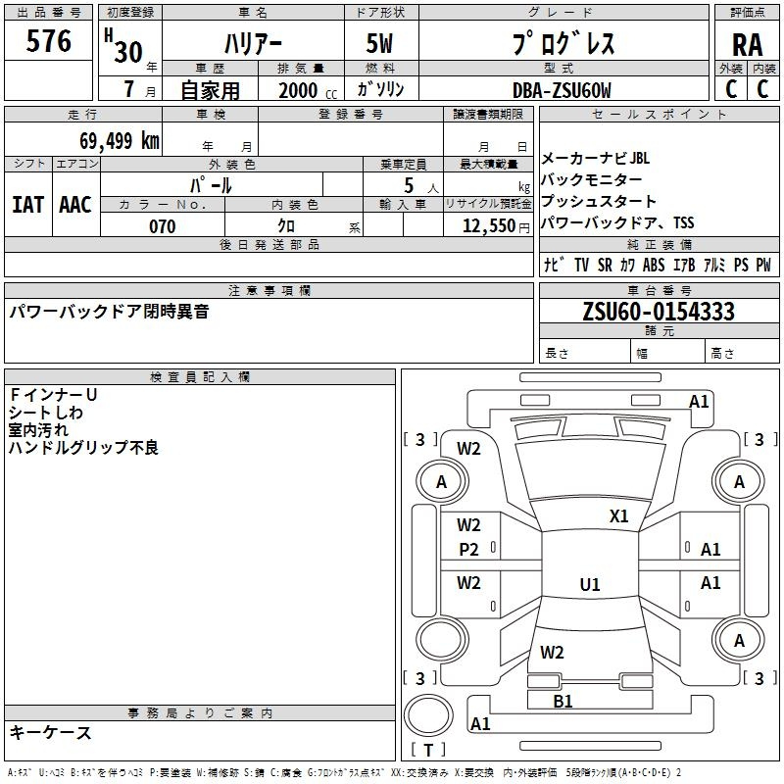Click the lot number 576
click(50, 41)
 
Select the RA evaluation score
click(747, 44)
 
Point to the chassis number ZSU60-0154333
click(658, 312)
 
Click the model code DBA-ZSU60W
click(562, 90)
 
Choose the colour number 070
click(162, 226)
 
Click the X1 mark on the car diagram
click(618, 516)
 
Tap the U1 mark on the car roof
click(590, 585)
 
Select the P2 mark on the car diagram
click(469, 550)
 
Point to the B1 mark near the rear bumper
click(563, 702)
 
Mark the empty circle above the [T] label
click(428, 714)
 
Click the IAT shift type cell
click(27, 205)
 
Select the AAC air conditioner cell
click(75, 205)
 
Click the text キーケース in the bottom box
click(51, 732)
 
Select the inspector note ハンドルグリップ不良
click(83, 448)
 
